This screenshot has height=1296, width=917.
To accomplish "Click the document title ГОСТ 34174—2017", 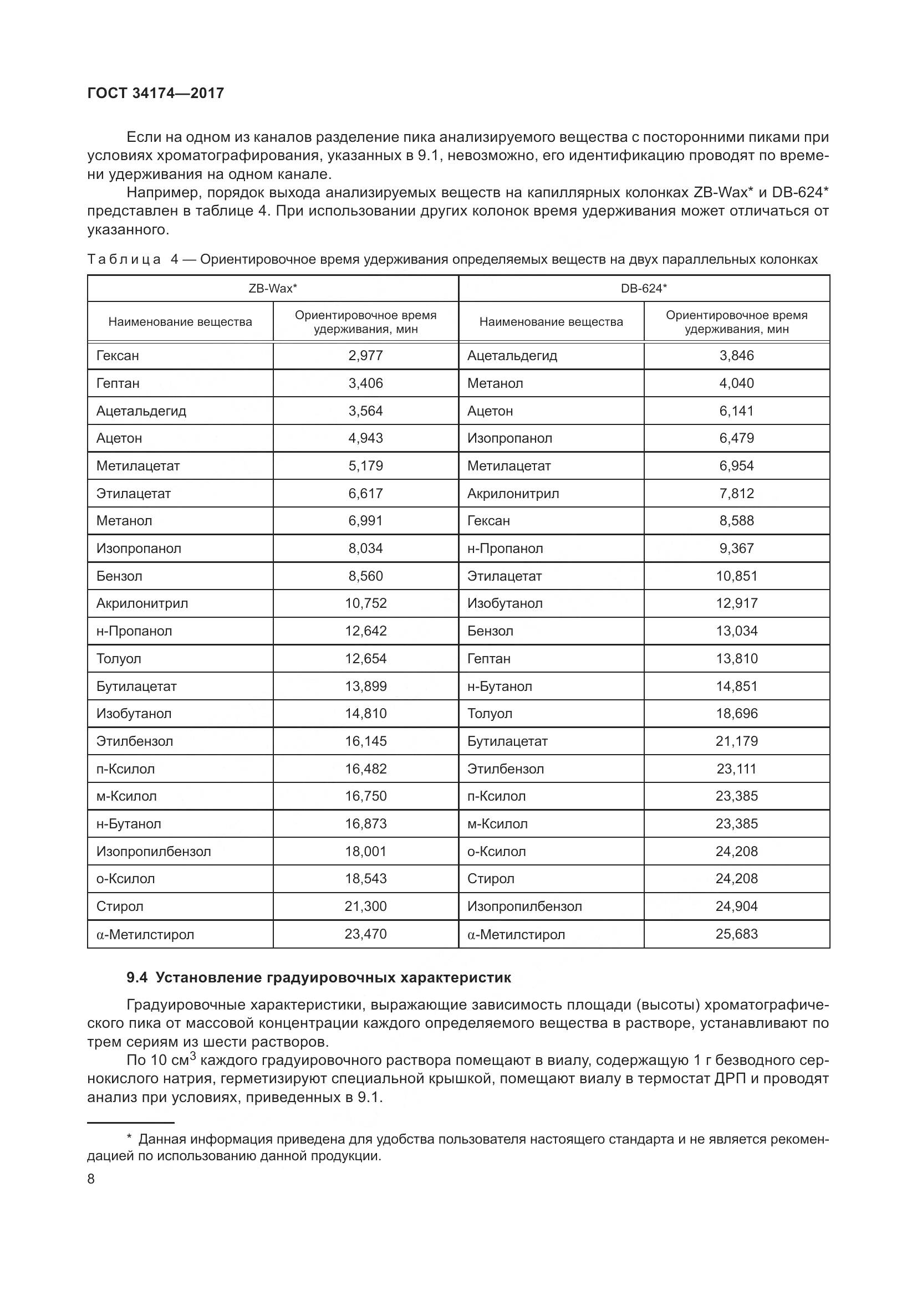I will coord(156,93).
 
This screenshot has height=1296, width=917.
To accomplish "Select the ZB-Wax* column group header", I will coord(273,289).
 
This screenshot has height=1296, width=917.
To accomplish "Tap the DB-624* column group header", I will coord(644,289).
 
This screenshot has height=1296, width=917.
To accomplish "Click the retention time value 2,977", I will coord(365,356).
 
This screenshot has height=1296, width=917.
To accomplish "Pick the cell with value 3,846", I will coord(736,356).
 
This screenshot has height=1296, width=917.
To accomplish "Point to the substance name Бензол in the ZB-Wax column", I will coord(119,576).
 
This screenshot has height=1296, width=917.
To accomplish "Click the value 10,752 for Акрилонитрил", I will coord(365,603).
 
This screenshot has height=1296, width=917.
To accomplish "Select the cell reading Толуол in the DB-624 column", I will coord(490,714).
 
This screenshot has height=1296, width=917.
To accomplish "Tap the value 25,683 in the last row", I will coord(736,934).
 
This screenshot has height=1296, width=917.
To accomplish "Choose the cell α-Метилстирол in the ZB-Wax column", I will coord(145,934).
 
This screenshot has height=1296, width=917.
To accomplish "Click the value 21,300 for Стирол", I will coord(365,906).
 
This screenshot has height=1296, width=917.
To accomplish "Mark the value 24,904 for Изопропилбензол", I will coord(736,906).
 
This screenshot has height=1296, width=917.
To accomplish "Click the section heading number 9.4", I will coord(136,978).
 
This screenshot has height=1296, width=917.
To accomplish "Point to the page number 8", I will coord(91,1179).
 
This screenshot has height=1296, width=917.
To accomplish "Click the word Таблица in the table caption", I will coord(124,260).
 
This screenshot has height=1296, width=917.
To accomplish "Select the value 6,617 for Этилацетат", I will coord(365,493).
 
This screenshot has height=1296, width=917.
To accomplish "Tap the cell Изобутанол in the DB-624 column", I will coord(505,603).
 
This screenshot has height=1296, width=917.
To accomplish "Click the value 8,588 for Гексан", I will coord(736,520).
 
